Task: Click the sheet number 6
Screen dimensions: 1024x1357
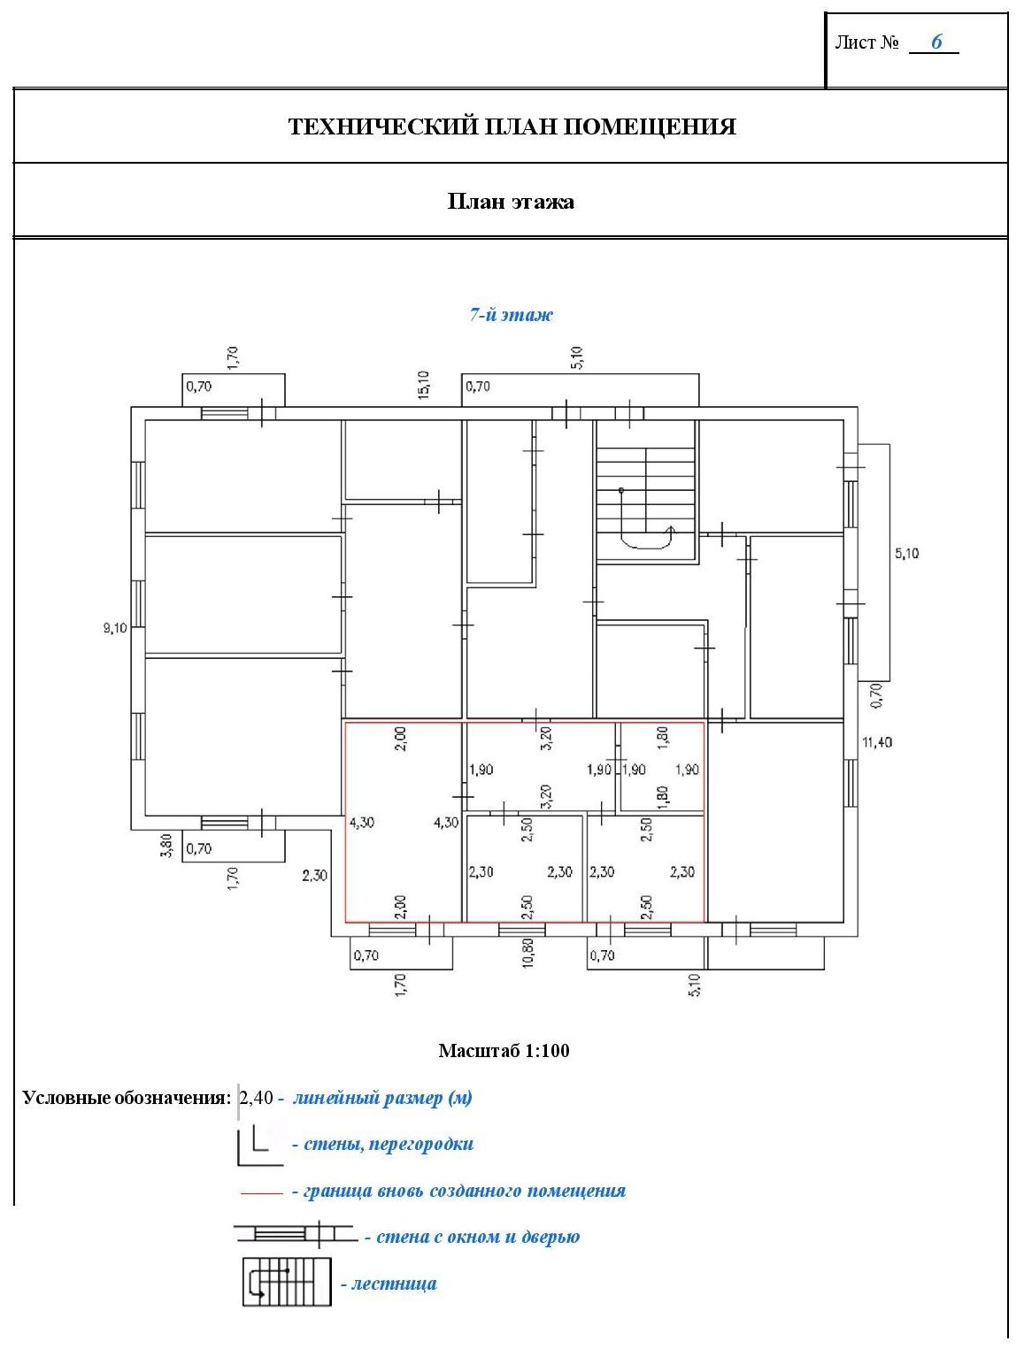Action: coord(935,42)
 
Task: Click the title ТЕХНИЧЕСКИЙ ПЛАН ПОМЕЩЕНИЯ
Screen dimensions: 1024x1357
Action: coord(512,126)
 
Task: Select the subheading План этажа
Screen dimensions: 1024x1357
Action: coord(510,202)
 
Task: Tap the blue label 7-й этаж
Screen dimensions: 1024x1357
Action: coord(511,315)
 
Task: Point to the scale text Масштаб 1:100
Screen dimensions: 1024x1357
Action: coord(504,1050)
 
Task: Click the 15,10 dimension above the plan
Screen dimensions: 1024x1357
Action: coord(424,385)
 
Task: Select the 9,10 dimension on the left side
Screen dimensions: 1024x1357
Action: coord(115,628)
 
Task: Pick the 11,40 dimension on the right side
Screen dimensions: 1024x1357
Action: coord(876,742)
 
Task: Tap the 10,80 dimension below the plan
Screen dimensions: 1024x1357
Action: coord(527,953)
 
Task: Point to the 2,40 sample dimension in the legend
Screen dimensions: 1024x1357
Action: coord(256,1098)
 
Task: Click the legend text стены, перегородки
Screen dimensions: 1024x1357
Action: coord(382,1144)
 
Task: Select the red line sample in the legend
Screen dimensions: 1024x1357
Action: coord(262,1192)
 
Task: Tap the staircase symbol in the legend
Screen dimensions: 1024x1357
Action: coord(287,1282)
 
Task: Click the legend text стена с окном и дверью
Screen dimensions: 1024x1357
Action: coord(472,1237)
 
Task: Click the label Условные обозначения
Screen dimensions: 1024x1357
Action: coord(127,1099)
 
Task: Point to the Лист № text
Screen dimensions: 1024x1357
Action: coord(866,42)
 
